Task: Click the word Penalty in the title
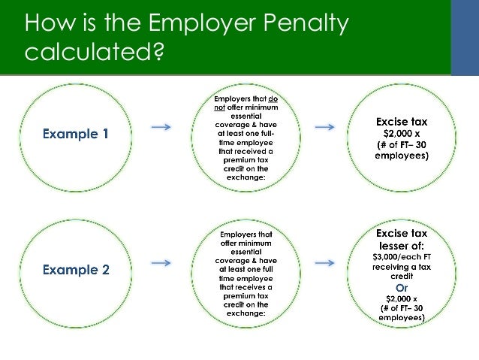(307, 25)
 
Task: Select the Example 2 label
(75, 270)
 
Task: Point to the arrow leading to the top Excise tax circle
(324, 127)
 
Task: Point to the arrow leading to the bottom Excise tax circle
(324, 263)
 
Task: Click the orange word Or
(402, 287)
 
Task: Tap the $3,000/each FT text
(402, 258)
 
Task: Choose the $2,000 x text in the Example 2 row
(401, 298)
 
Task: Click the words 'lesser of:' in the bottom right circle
(402, 246)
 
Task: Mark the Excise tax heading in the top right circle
(402, 121)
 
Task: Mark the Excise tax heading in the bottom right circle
(402, 234)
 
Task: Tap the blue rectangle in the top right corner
(465, 38)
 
